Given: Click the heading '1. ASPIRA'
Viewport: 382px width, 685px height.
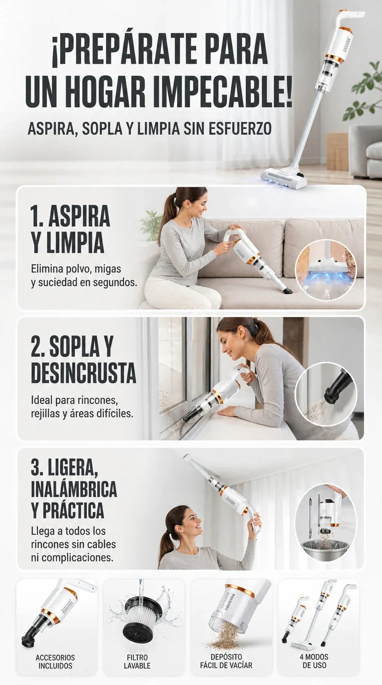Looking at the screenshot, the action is tap(70, 216).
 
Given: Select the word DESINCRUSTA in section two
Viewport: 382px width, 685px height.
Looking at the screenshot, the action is tap(84, 372).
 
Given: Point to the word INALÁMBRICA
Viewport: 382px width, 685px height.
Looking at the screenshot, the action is tap(74, 489).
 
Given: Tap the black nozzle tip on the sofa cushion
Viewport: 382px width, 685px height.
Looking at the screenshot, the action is tap(288, 289).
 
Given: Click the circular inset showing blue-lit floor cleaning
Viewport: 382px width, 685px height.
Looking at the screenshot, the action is tap(326, 270).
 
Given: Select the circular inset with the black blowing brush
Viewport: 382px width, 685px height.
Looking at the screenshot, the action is tap(326, 393).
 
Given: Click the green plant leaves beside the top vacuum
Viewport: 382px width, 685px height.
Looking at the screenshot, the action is tap(366, 92).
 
